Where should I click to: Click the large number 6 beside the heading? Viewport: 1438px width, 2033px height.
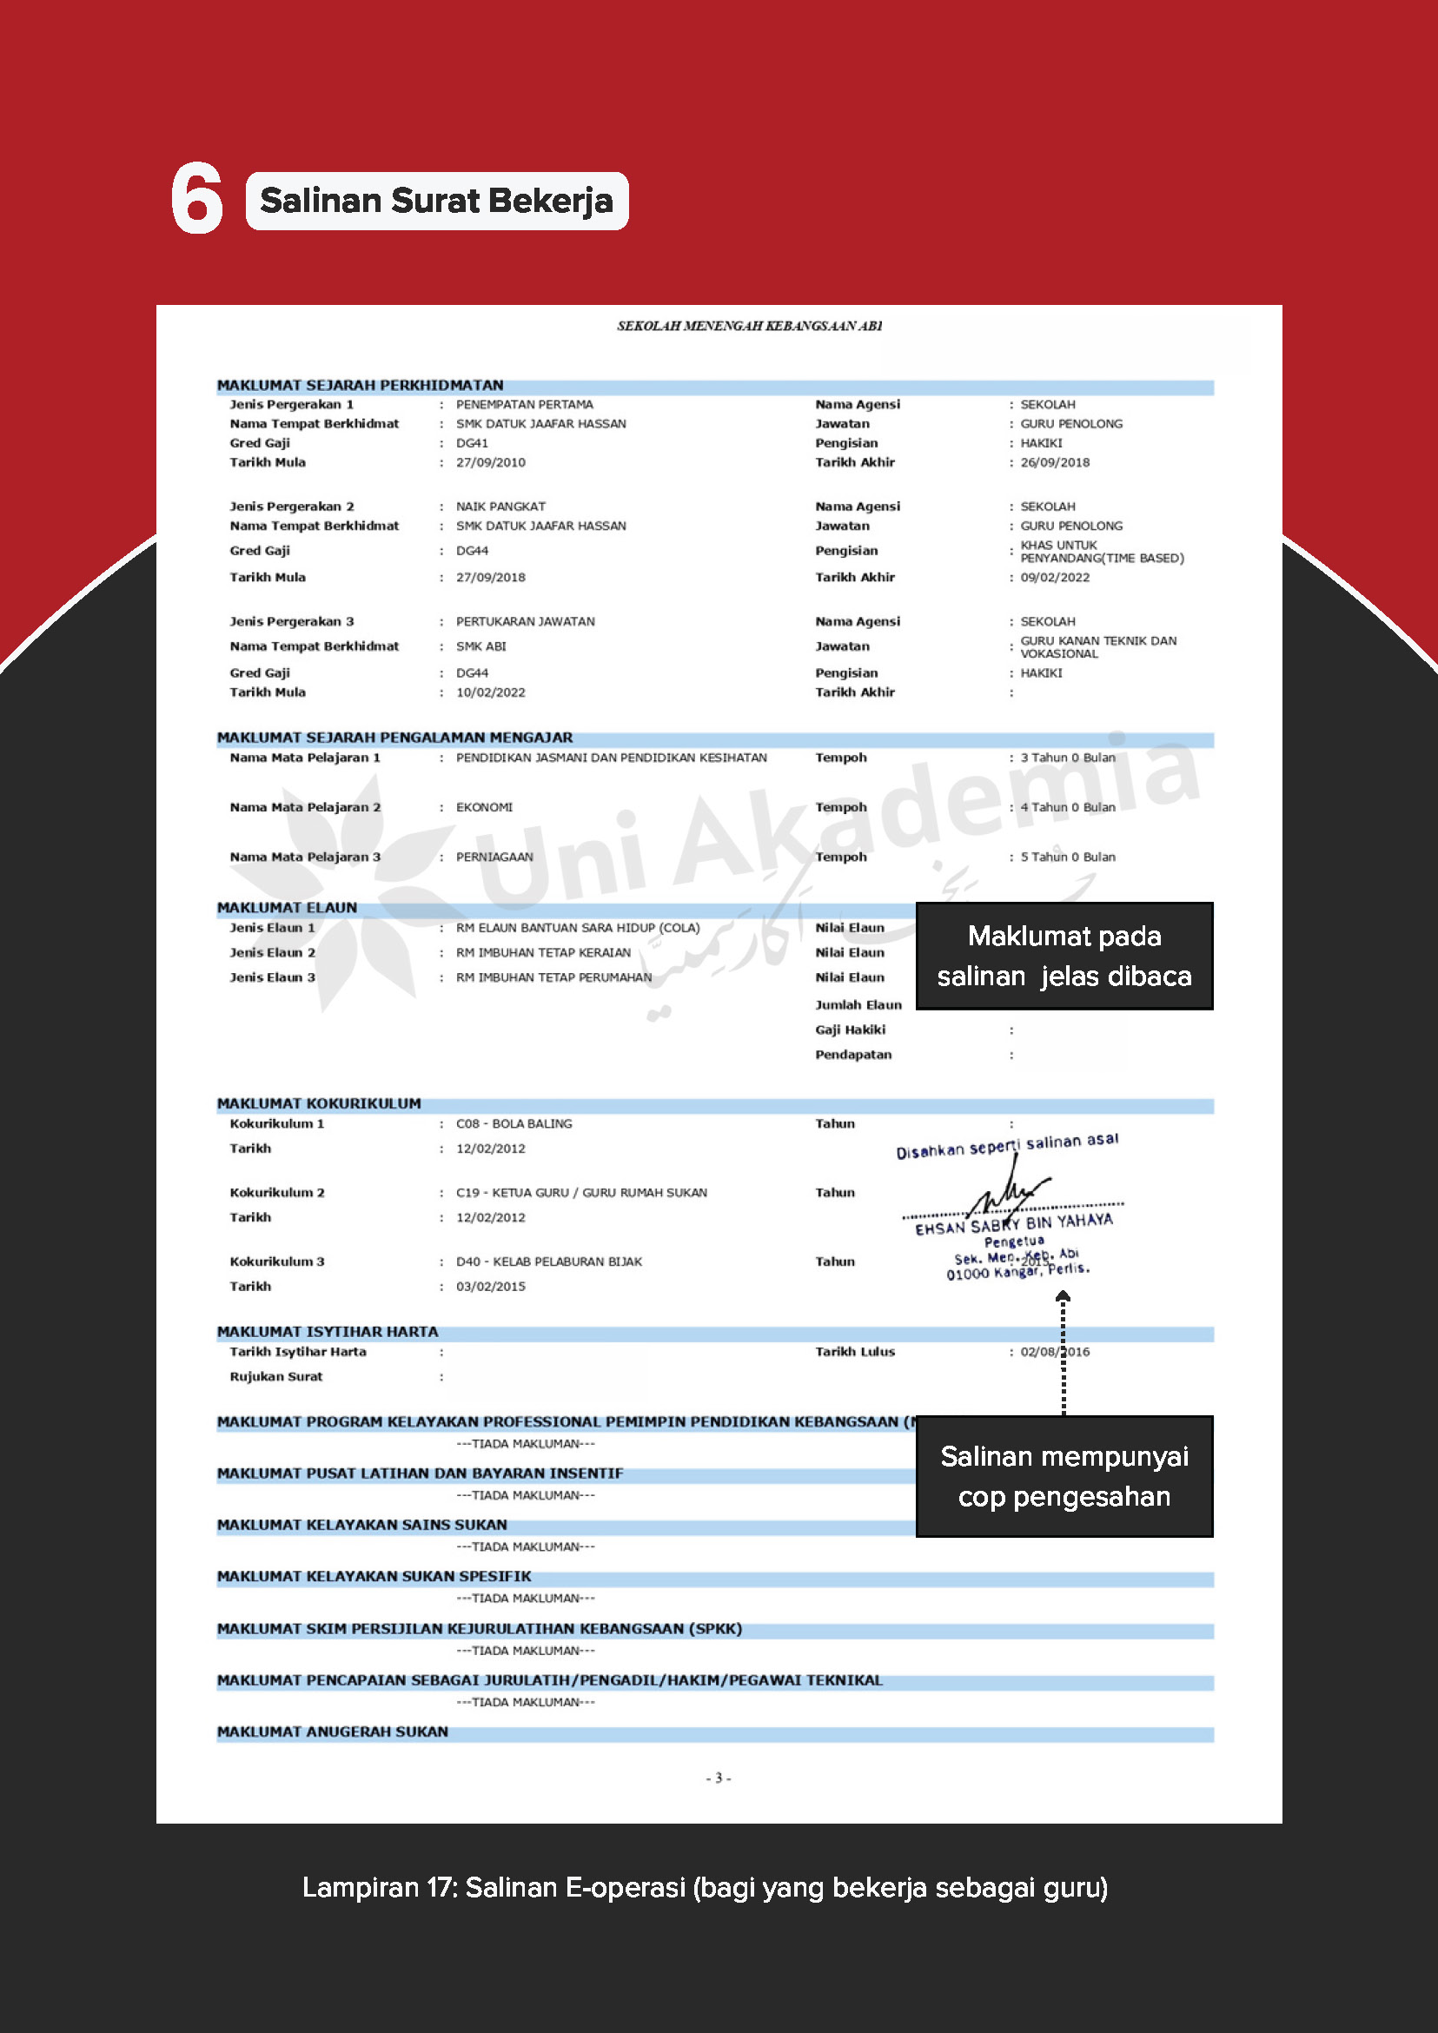[196, 199]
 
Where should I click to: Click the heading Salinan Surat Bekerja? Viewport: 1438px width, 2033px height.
[436, 201]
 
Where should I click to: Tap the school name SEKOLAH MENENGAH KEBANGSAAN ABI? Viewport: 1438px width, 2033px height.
[749, 326]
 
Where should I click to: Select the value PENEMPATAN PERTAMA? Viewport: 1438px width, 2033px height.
[524, 405]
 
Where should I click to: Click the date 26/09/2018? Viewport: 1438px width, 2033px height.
[1055, 462]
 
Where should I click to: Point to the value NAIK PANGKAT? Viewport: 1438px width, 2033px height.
[500, 507]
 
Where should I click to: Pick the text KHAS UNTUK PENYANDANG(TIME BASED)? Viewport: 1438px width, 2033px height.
[1101, 552]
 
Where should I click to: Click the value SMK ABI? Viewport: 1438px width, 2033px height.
[480, 646]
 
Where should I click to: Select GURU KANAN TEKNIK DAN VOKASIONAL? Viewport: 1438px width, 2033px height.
[1098, 647]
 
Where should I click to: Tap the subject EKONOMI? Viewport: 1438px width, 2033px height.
[483, 807]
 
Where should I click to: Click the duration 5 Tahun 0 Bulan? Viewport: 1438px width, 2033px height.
[1067, 858]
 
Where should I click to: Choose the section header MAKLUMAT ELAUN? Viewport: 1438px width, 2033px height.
[287, 908]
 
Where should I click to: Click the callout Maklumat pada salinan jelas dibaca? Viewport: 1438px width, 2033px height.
[1064, 957]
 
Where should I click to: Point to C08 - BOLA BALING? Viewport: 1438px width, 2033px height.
[514, 1123]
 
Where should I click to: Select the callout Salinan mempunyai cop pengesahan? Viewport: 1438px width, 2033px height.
[1064, 1476]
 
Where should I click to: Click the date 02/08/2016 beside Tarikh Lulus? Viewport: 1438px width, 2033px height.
[1055, 1352]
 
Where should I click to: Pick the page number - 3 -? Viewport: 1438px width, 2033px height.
[718, 1778]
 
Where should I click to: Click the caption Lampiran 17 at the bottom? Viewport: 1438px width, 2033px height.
[704, 1888]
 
